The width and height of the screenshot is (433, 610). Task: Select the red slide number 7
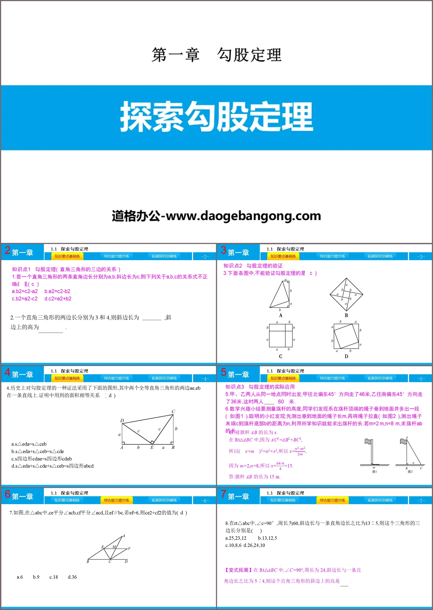coord(223,494)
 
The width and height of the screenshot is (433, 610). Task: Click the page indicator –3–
coord(421,257)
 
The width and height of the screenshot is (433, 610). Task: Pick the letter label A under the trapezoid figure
coord(280,315)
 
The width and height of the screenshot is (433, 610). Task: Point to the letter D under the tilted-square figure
coord(346,356)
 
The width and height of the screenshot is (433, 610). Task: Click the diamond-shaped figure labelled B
coord(346,294)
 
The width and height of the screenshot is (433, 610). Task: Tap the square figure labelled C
coord(281,335)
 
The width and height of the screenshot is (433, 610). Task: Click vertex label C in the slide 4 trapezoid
coord(173,411)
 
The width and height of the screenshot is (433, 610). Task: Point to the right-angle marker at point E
coord(152,442)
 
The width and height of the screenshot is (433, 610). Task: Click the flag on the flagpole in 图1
coord(368,442)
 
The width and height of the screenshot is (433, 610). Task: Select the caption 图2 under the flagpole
coord(410,472)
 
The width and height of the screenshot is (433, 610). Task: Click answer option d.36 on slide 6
coord(72,577)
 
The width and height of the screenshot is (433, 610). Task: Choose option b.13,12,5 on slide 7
coord(267,538)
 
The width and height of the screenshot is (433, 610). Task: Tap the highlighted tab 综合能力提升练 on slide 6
coord(117,500)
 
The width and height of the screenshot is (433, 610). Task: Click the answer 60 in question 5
coord(281,401)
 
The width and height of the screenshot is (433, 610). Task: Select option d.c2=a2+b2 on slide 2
coord(58,298)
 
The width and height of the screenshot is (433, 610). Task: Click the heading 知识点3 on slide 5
coord(235,387)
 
